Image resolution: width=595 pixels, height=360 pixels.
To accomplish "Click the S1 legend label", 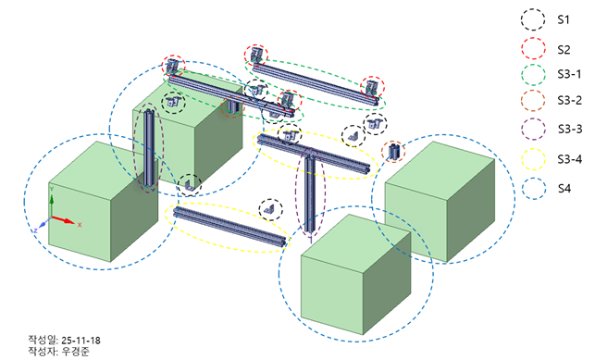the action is [564, 19].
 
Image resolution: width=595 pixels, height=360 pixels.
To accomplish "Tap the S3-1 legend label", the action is [569, 74].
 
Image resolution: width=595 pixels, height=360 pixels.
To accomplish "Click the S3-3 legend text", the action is [570, 130].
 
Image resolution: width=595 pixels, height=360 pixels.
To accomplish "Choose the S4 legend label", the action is [564, 188].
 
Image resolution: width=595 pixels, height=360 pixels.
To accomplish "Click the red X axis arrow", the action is [63, 220].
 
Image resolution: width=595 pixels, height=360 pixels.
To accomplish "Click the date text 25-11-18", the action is [81, 340].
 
